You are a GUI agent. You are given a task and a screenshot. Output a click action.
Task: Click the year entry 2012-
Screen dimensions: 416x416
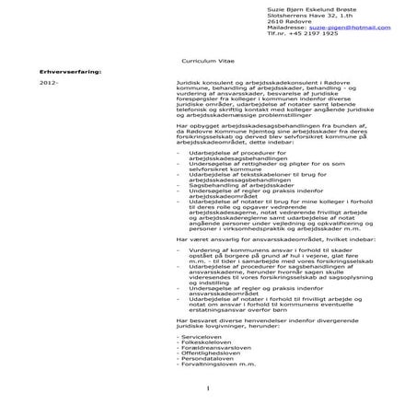[49, 82]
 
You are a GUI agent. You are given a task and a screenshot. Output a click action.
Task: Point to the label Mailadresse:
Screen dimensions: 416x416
[286, 28]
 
